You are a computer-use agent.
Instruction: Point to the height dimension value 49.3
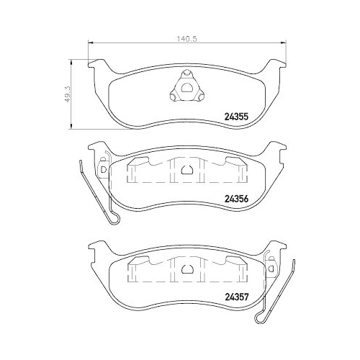(x=68, y=94)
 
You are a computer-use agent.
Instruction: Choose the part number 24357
(x=238, y=294)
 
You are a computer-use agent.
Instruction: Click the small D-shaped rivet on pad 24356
(x=103, y=169)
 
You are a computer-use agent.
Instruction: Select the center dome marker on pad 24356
(x=186, y=171)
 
